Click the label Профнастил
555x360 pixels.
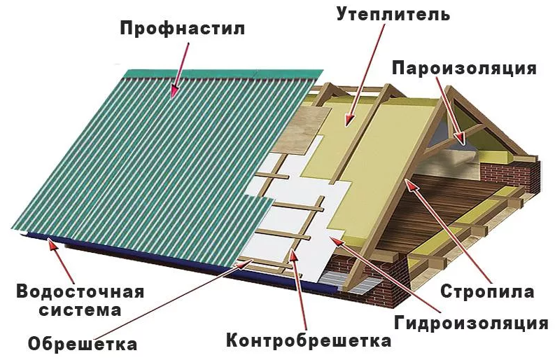[x=182, y=28]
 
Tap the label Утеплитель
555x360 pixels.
[x=393, y=14]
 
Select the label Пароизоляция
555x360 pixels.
[x=465, y=68]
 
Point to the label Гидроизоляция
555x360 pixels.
[x=471, y=323]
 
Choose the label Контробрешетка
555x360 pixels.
[x=309, y=340]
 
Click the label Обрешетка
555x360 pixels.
[x=83, y=343]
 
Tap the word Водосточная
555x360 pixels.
[x=80, y=292]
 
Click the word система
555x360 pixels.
[x=80, y=310]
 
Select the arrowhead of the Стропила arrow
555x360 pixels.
[x=410, y=185]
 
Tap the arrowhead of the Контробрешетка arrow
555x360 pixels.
[x=294, y=254]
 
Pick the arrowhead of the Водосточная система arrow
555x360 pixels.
[x=52, y=245]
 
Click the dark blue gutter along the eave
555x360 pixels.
[x=177, y=261]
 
